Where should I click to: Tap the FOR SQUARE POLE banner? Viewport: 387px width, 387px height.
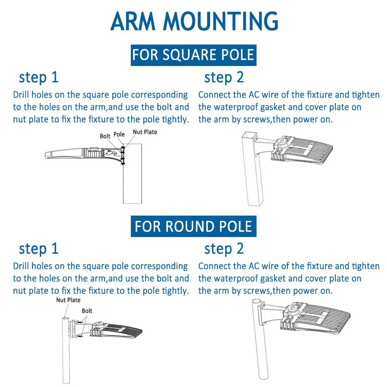[x=193, y=55]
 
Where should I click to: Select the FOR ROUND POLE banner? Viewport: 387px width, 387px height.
[x=193, y=226]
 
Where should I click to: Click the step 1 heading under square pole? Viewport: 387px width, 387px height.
[x=39, y=77]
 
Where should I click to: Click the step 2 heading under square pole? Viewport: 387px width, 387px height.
[x=224, y=77]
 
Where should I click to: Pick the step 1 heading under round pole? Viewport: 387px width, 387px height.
[x=39, y=248]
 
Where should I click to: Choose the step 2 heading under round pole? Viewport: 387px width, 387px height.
[x=224, y=248]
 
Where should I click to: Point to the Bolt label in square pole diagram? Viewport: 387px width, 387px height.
[x=105, y=136]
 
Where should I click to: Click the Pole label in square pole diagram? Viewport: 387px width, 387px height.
[x=119, y=134]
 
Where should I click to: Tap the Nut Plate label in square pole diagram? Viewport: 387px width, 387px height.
[x=145, y=132]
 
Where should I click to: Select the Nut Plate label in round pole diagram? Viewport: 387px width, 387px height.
[x=68, y=300]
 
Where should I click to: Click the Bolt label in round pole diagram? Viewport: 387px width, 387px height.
[x=87, y=311]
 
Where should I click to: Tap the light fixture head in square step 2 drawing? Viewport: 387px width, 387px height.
[x=304, y=151]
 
